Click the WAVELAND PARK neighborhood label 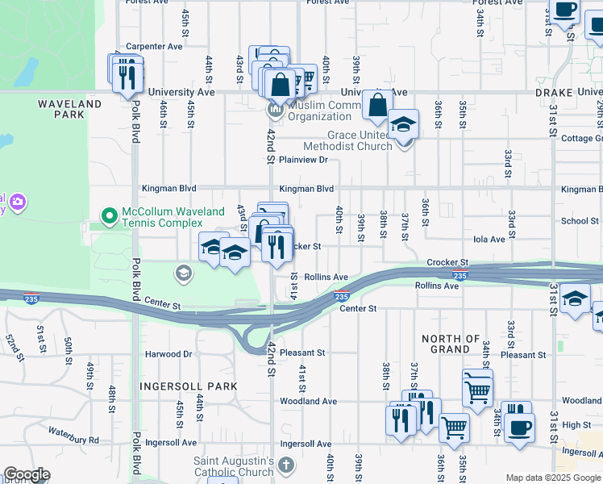pyautogui.click(x=69, y=109)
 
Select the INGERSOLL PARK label pyautogui.click(x=189, y=386)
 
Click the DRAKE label pyautogui.click(x=553, y=94)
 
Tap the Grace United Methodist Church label pyautogui.click(x=347, y=140)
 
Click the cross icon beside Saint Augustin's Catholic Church pyautogui.click(x=286, y=465)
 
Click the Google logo pyautogui.click(x=27, y=474)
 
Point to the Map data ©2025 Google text pyautogui.click(x=553, y=478)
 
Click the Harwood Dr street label pyautogui.click(x=168, y=354)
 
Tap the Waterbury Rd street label pyautogui.click(x=73, y=440)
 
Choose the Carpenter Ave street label pyautogui.click(x=154, y=47)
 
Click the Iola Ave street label pyautogui.click(x=489, y=239)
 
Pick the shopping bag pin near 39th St pyautogui.click(x=377, y=104)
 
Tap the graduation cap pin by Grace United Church pyautogui.click(x=404, y=124)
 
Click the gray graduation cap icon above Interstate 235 pyautogui.click(x=184, y=273)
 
